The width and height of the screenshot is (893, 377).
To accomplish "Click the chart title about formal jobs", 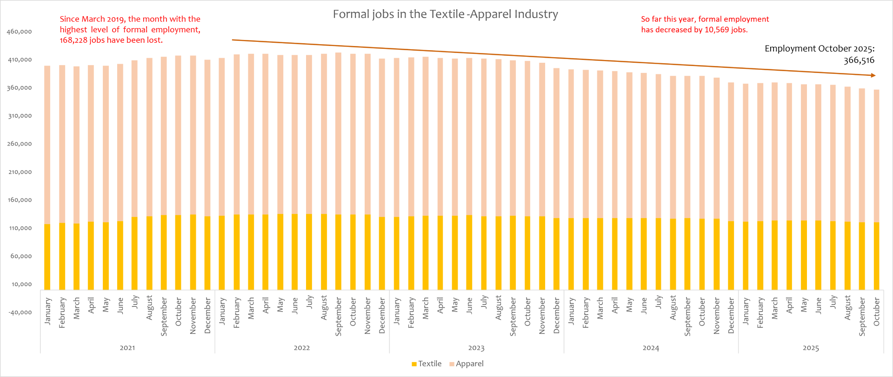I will [x=445, y=14].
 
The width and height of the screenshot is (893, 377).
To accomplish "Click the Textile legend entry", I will [x=427, y=364].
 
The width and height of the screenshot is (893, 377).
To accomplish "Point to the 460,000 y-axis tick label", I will [x=20, y=32].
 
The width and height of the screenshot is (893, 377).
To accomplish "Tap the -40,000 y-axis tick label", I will [x=20, y=312].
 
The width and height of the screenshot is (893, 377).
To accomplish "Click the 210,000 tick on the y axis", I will [x=20, y=172].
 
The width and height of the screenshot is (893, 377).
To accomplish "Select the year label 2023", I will [x=476, y=348].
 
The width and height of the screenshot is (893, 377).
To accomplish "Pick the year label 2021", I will [x=127, y=348].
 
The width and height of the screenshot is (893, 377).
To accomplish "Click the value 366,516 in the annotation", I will [x=859, y=60].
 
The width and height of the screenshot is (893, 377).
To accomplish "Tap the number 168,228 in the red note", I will [x=74, y=40].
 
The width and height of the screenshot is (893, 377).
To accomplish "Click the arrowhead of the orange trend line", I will [x=873, y=75].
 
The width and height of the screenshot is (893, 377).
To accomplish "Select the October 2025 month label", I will [x=877, y=311].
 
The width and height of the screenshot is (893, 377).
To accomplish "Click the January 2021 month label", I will [x=47, y=311].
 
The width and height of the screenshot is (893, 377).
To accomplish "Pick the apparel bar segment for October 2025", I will [x=877, y=156].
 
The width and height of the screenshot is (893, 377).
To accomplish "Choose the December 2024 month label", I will [x=731, y=316].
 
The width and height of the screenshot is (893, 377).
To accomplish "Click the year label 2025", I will [x=811, y=348].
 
